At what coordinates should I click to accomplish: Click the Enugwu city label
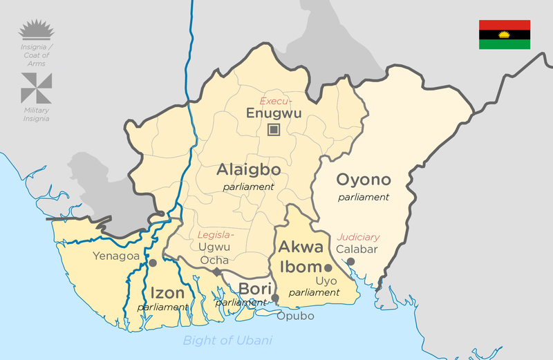tap(274, 114)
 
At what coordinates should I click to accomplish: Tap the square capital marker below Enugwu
tap(274, 129)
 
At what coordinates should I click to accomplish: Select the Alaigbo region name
tap(248, 170)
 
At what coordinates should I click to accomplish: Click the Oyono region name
tap(364, 180)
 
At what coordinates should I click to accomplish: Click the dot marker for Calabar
tap(350, 261)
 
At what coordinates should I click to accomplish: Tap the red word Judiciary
tap(358, 237)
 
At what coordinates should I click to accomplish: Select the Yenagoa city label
tap(117, 256)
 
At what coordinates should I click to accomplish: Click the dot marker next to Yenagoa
tap(153, 263)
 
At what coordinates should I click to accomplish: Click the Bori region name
tap(252, 289)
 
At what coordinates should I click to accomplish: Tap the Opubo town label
tap(295, 316)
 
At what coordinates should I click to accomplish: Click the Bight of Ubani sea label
tap(227, 340)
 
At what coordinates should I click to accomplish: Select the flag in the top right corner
tap(505, 35)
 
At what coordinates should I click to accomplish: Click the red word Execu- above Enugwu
tap(274, 101)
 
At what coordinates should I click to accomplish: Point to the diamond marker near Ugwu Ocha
tap(216, 272)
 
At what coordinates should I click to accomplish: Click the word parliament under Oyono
tap(364, 197)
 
